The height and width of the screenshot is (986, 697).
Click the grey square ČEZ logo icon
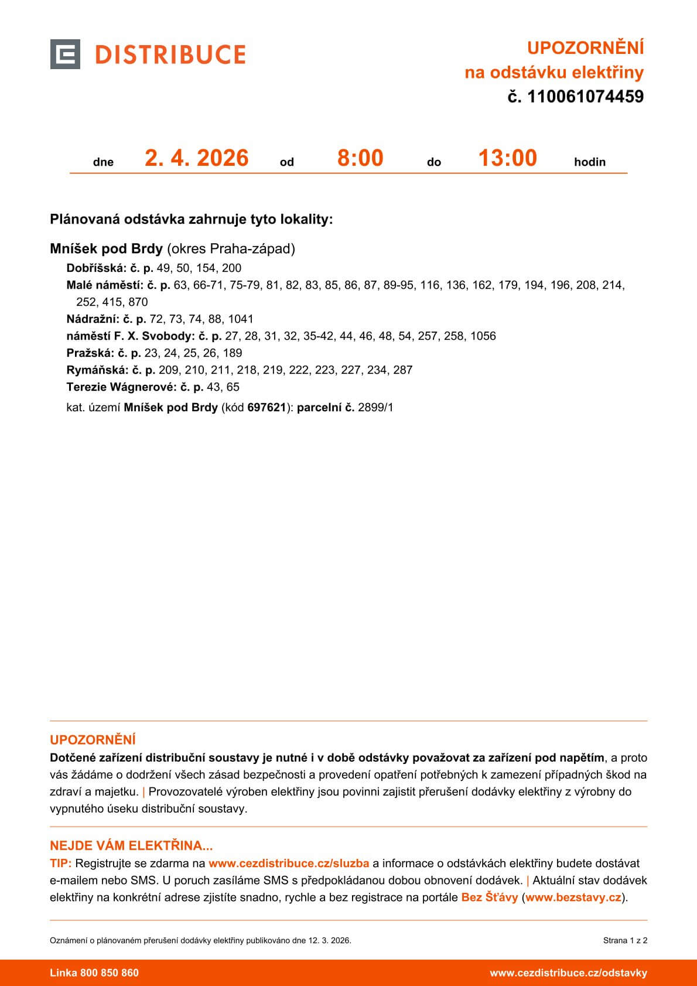[65, 54]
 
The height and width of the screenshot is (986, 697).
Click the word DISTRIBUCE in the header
[170, 54]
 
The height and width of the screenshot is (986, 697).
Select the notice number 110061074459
[585, 97]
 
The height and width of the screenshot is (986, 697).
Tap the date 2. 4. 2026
[197, 158]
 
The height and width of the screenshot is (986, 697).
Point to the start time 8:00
[360, 158]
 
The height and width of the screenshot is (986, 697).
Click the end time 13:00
[507, 158]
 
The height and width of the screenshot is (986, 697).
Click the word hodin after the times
[590, 162]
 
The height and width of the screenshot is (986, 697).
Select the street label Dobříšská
[96, 268]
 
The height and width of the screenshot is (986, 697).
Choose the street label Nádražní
[92, 319]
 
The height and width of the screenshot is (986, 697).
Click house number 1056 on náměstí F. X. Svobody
[483, 336]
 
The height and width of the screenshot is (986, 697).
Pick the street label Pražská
[88, 353]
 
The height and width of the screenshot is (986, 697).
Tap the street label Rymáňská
[94, 370]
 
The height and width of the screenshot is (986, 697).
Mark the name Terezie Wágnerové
[121, 387]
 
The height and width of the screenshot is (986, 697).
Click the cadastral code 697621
[266, 408]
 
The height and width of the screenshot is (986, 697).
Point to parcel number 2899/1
[375, 408]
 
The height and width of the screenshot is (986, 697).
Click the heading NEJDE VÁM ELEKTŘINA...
[131, 845]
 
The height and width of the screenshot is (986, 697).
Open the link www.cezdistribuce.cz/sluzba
[289, 863]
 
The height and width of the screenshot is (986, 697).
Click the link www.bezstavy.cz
[573, 897]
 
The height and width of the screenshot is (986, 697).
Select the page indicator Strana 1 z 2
[625, 940]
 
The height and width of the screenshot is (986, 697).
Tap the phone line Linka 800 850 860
[94, 973]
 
